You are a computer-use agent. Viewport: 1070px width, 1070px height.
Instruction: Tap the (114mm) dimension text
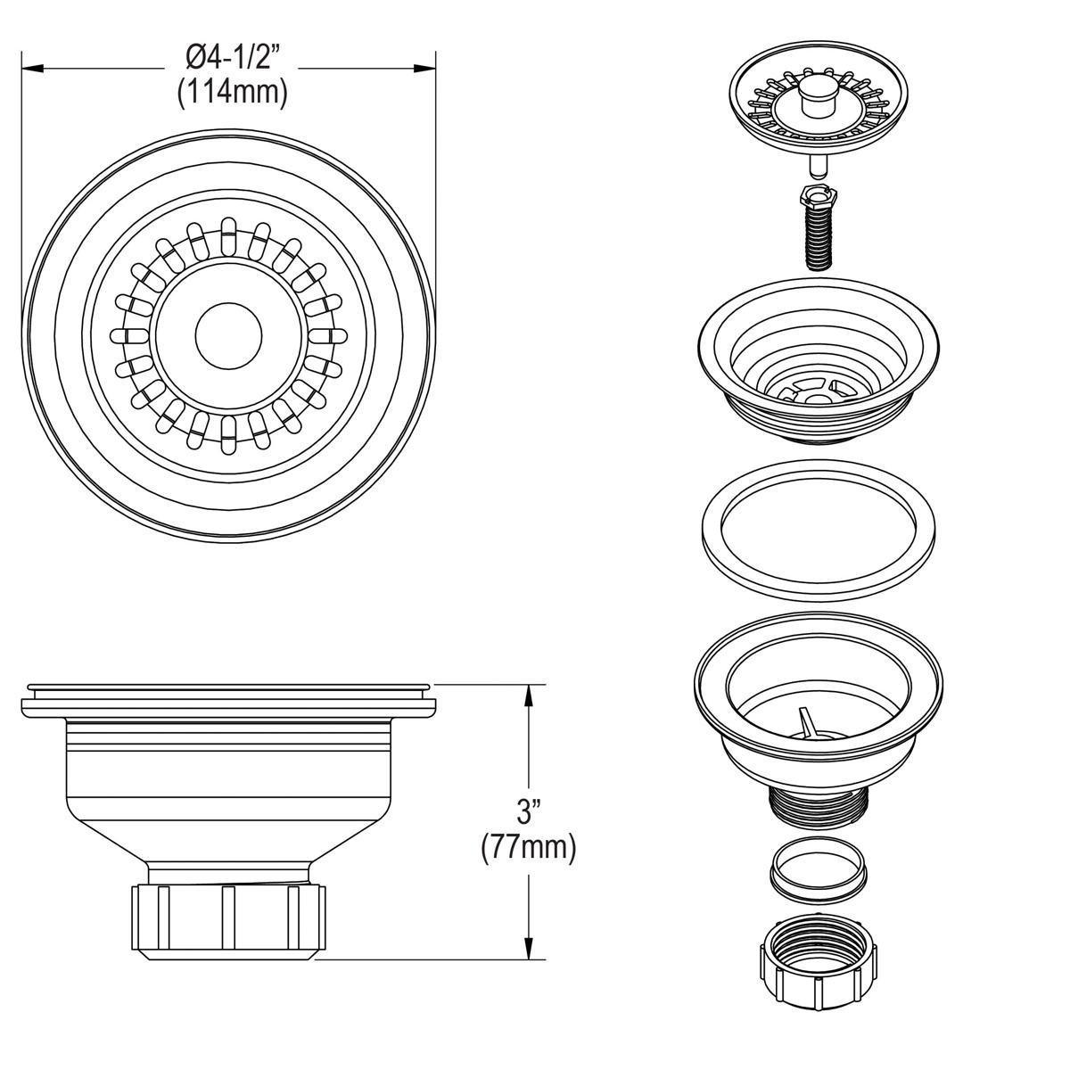(232, 93)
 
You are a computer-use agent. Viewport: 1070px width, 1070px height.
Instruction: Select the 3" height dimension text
(530, 811)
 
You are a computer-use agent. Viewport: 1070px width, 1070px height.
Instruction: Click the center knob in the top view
(228, 335)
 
